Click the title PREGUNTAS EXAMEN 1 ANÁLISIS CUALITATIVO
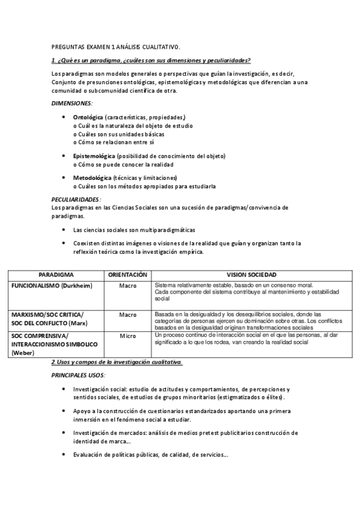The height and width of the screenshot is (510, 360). [x=115, y=46]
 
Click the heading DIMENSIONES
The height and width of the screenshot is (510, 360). [x=71, y=103]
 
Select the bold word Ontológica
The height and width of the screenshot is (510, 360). [x=88, y=117]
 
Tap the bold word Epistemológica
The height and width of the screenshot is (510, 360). [x=94, y=156]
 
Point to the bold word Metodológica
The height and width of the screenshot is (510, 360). [x=92, y=178]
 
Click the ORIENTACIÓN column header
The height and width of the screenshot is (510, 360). [x=127, y=274]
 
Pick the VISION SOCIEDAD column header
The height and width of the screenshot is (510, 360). [x=250, y=274]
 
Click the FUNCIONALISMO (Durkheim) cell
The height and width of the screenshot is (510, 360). [x=52, y=285]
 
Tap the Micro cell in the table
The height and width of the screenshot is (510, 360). [x=128, y=336]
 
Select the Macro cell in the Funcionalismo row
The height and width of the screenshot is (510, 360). [x=128, y=285]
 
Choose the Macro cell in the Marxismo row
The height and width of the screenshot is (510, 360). [x=128, y=315]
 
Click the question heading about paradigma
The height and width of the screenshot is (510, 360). [x=151, y=60]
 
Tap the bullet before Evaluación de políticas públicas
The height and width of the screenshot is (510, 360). [x=64, y=455]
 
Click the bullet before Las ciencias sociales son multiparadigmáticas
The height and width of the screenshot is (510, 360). [x=64, y=230]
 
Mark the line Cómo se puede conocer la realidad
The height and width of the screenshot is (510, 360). [x=123, y=164]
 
